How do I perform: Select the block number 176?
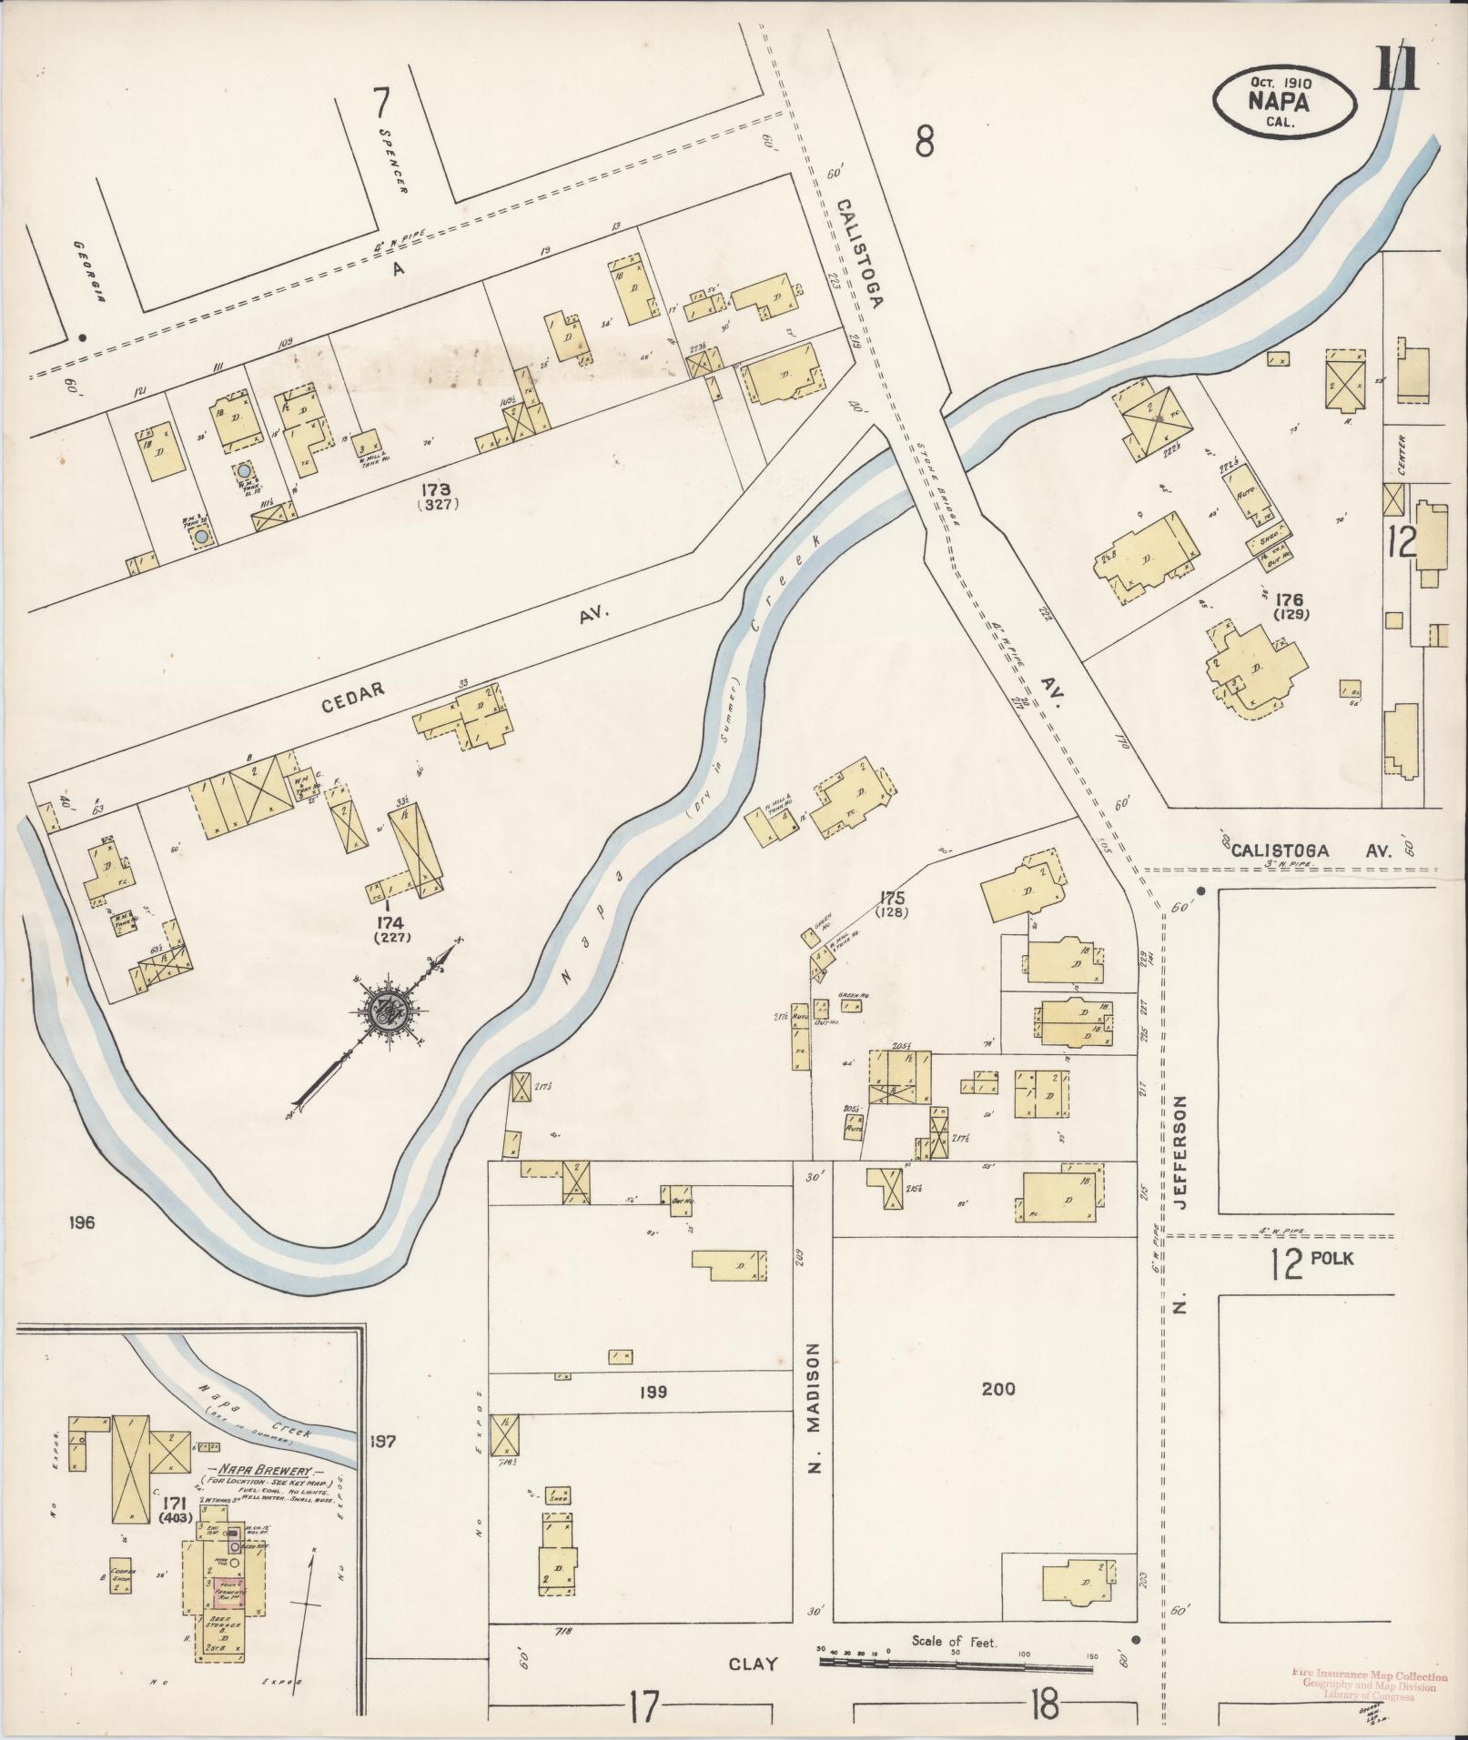click(1290, 599)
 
